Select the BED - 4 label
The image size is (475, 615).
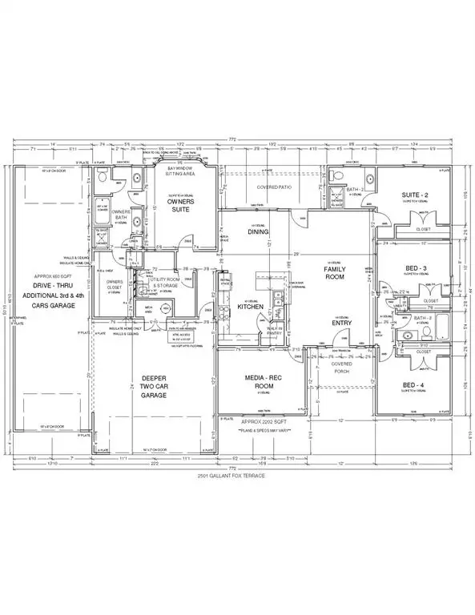(414, 385)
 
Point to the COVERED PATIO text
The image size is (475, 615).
(273, 187)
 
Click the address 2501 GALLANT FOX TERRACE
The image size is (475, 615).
(240, 476)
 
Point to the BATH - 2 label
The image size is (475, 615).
(357, 191)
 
